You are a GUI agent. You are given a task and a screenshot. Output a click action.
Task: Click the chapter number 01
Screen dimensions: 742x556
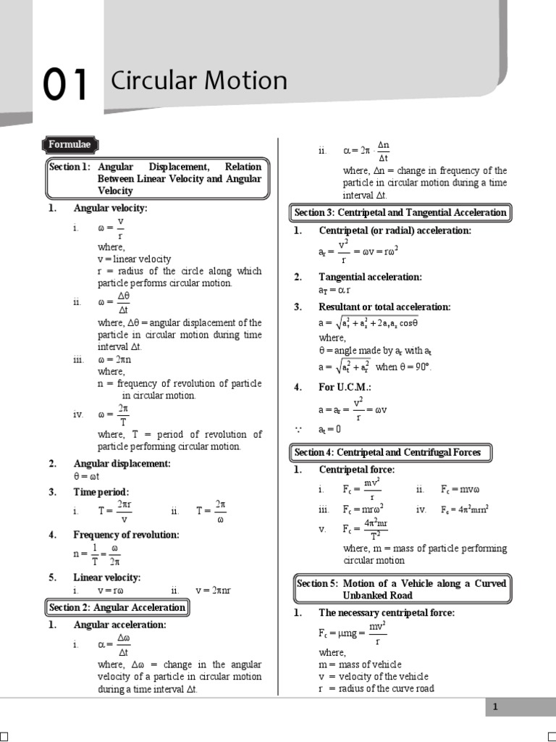coord(66,85)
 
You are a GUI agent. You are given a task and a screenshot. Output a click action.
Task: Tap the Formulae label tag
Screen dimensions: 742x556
coord(69,145)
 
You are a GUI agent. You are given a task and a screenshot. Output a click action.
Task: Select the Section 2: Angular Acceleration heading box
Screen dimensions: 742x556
coord(118,607)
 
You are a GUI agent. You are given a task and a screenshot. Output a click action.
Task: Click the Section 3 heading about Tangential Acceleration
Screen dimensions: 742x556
coord(400,212)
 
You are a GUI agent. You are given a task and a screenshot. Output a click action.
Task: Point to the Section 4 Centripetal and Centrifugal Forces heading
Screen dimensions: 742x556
coord(387,452)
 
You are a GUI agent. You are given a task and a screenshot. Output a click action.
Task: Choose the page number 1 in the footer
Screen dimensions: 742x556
coord(495,707)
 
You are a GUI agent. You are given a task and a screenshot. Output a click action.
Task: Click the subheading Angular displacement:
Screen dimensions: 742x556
coord(122,464)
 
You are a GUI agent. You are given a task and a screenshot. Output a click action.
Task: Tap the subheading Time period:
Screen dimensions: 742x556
coord(101,492)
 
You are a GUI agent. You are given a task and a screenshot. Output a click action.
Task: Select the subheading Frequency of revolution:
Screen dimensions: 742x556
coord(126,535)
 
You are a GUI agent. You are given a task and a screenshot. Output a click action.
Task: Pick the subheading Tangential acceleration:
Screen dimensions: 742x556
coord(370,277)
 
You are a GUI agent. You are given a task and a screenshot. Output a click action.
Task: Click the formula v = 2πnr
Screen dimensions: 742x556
coord(212,591)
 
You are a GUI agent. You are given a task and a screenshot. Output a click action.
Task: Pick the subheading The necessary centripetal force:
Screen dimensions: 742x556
coord(387,613)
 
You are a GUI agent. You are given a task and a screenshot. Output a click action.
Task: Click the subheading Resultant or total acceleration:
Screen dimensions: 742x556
coord(384,307)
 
